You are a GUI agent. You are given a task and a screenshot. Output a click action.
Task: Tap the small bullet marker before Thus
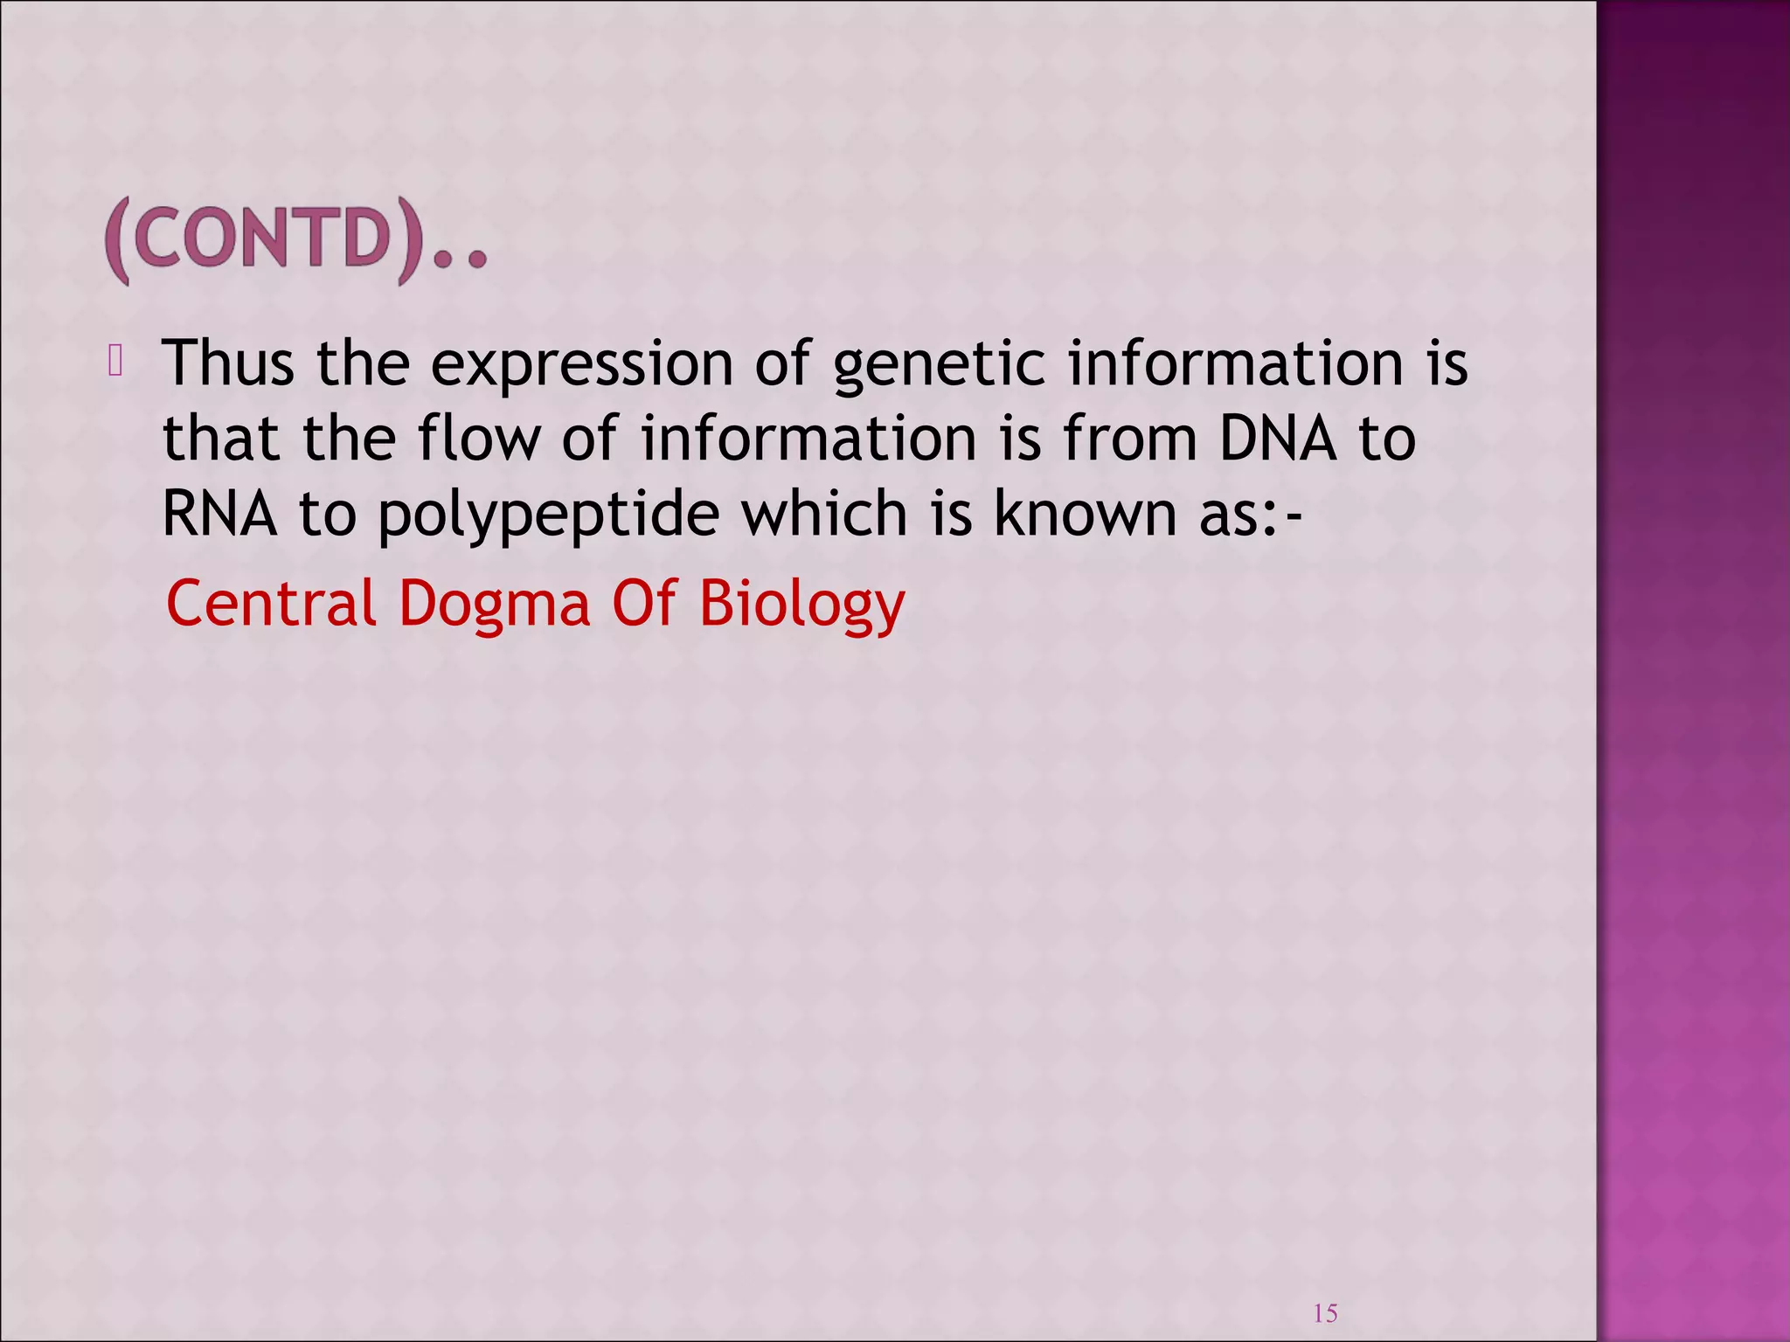click(x=115, y=361)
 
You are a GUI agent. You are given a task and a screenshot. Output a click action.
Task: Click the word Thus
click(x=228, y=363)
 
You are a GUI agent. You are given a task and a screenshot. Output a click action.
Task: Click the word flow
click(x=478, y=438)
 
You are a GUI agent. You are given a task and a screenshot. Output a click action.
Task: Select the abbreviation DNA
click(x=1278, y=438)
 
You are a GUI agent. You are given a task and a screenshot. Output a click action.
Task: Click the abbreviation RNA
click(x=219, y=513)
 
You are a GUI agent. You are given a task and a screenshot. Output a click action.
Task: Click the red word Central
click(x=271, y=603)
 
